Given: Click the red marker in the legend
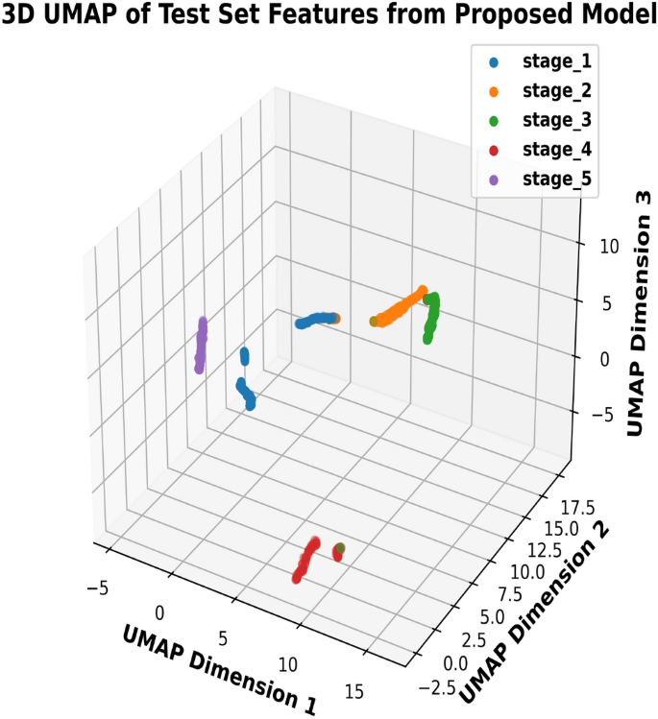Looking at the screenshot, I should pyautogui.click(x=494, y=151).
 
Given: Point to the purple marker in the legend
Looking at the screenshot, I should pyautogui.click(x=494, y=180).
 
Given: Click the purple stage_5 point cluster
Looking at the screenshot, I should pyautogui.click(x=201, y=346).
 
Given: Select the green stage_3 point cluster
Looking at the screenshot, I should pyautogui.click(x=432, y=315).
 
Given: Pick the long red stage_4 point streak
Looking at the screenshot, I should pyautogui.click(x=306, y=562).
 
